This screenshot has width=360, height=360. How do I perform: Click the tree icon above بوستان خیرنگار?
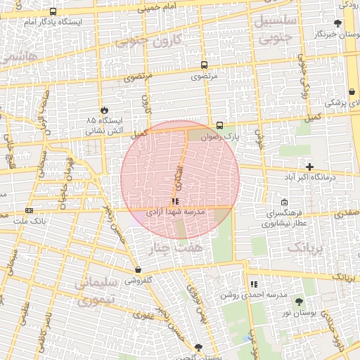[338, 23]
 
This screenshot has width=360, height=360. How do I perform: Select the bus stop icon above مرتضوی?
[204, 63]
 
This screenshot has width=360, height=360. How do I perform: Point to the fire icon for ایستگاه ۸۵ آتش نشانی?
[105, 110]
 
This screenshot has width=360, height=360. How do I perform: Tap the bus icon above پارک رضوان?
[220, 126]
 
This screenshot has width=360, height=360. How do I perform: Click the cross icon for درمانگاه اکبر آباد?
[309, 167]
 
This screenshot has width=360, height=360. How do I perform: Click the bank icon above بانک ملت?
[29, 210]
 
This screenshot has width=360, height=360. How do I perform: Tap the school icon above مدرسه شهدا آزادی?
[175, 202]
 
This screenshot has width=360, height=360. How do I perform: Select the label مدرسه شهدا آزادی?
[175, 212]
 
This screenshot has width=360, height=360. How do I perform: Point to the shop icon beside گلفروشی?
[138, 269]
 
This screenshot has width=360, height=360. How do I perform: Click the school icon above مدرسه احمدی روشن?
[253, 284]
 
